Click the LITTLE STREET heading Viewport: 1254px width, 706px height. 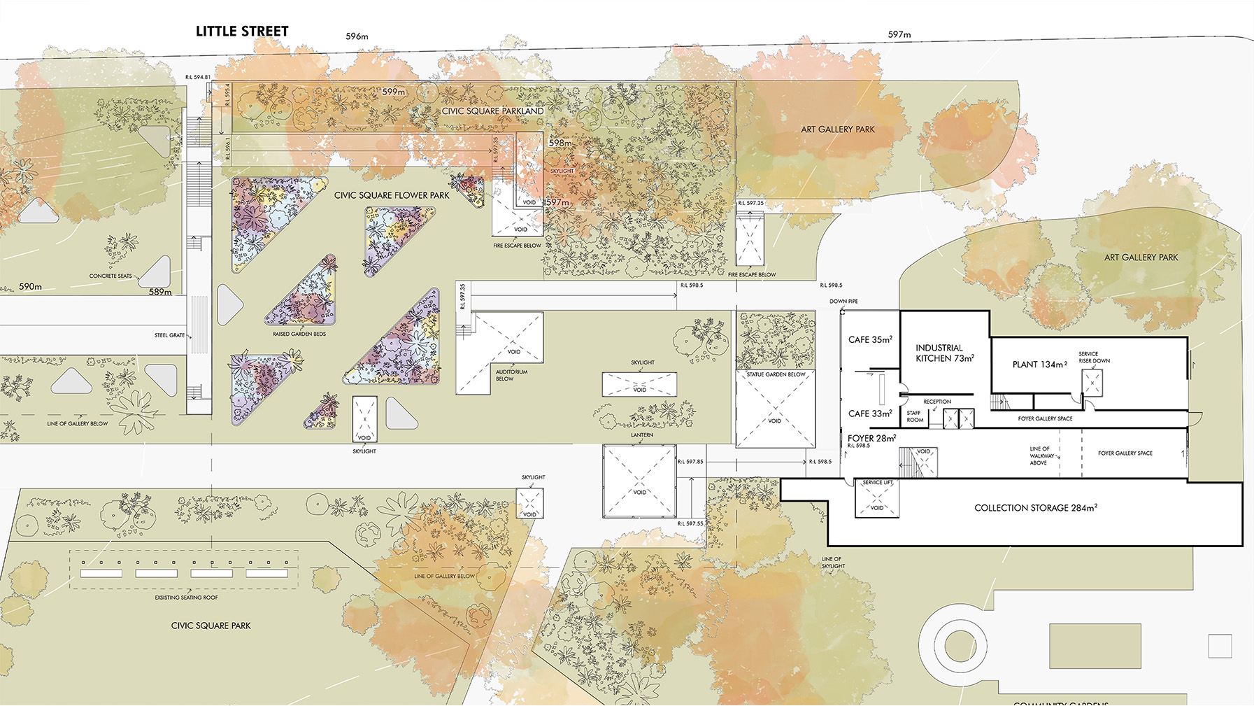pos(242,31)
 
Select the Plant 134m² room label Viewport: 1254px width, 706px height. pos(1039,365)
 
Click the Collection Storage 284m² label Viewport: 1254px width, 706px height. pos(1035,508)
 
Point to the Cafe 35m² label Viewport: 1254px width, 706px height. pos(870,340)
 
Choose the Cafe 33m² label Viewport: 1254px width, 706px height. pos(870,414)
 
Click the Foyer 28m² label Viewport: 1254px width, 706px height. pos(871,439)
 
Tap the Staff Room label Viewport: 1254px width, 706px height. pos(915,416)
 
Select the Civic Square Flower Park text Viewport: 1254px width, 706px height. pos(392,195)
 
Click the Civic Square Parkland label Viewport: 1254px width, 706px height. pos(492,111)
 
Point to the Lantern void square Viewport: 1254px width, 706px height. pos(639,481)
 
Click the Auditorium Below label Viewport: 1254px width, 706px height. pos(511,375)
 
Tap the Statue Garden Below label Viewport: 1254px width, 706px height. pos(776,374)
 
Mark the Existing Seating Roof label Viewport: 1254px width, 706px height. pos(186,598)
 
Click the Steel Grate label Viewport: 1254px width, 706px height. pos(169,335)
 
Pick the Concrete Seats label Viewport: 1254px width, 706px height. pos(111,276)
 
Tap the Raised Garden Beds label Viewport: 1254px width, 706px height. pos(299,334)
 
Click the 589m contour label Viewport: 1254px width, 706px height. pos(160,292)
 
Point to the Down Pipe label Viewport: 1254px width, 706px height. pos(843,301)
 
